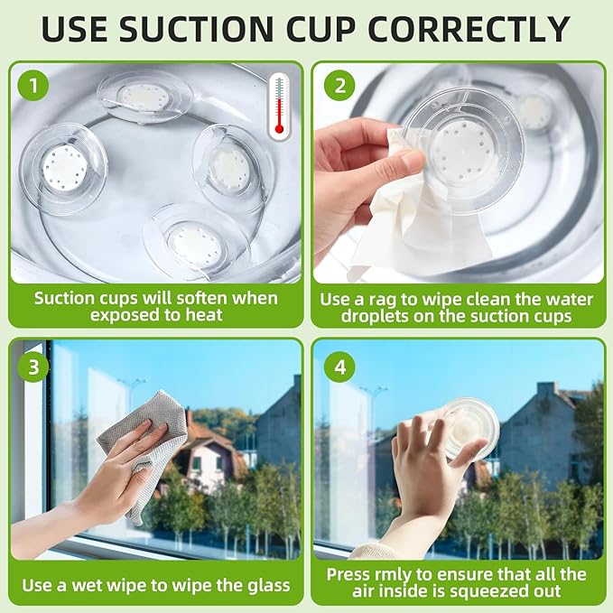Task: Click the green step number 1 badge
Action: point(33,85)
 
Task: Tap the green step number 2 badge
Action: point(340,85)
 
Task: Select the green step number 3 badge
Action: point(33,367)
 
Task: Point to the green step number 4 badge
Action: point(340,367)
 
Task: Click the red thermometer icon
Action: point(279,107)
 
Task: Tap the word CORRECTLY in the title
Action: point(469,29)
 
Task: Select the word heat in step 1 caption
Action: point(204,315)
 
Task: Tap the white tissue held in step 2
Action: point(414,218)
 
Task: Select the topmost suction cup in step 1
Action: point(144,97)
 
